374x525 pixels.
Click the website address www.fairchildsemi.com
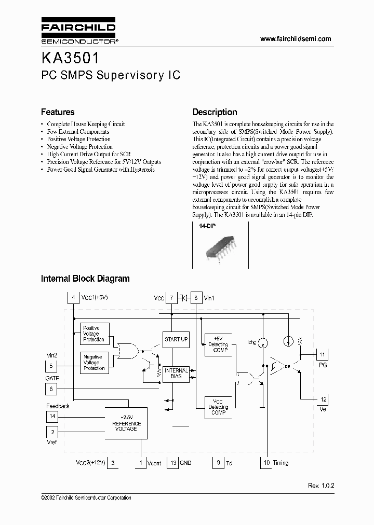pos(295,39)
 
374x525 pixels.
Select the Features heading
pos(58,112)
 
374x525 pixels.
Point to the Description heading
pos(215,112)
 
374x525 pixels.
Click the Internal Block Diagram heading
pos(85,279)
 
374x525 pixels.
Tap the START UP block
pos(176,339)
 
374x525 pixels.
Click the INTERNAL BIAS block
pos(176,374)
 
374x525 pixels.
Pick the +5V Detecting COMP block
pos(218,344)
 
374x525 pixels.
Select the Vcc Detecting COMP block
pos(218,406)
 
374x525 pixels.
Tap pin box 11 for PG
pos(322,354)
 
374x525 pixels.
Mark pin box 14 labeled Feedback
pos(52,416)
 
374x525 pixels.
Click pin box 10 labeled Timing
pos(265,463)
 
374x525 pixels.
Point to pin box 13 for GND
pos(173,463)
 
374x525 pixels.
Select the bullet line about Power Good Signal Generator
pos(100,170)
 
